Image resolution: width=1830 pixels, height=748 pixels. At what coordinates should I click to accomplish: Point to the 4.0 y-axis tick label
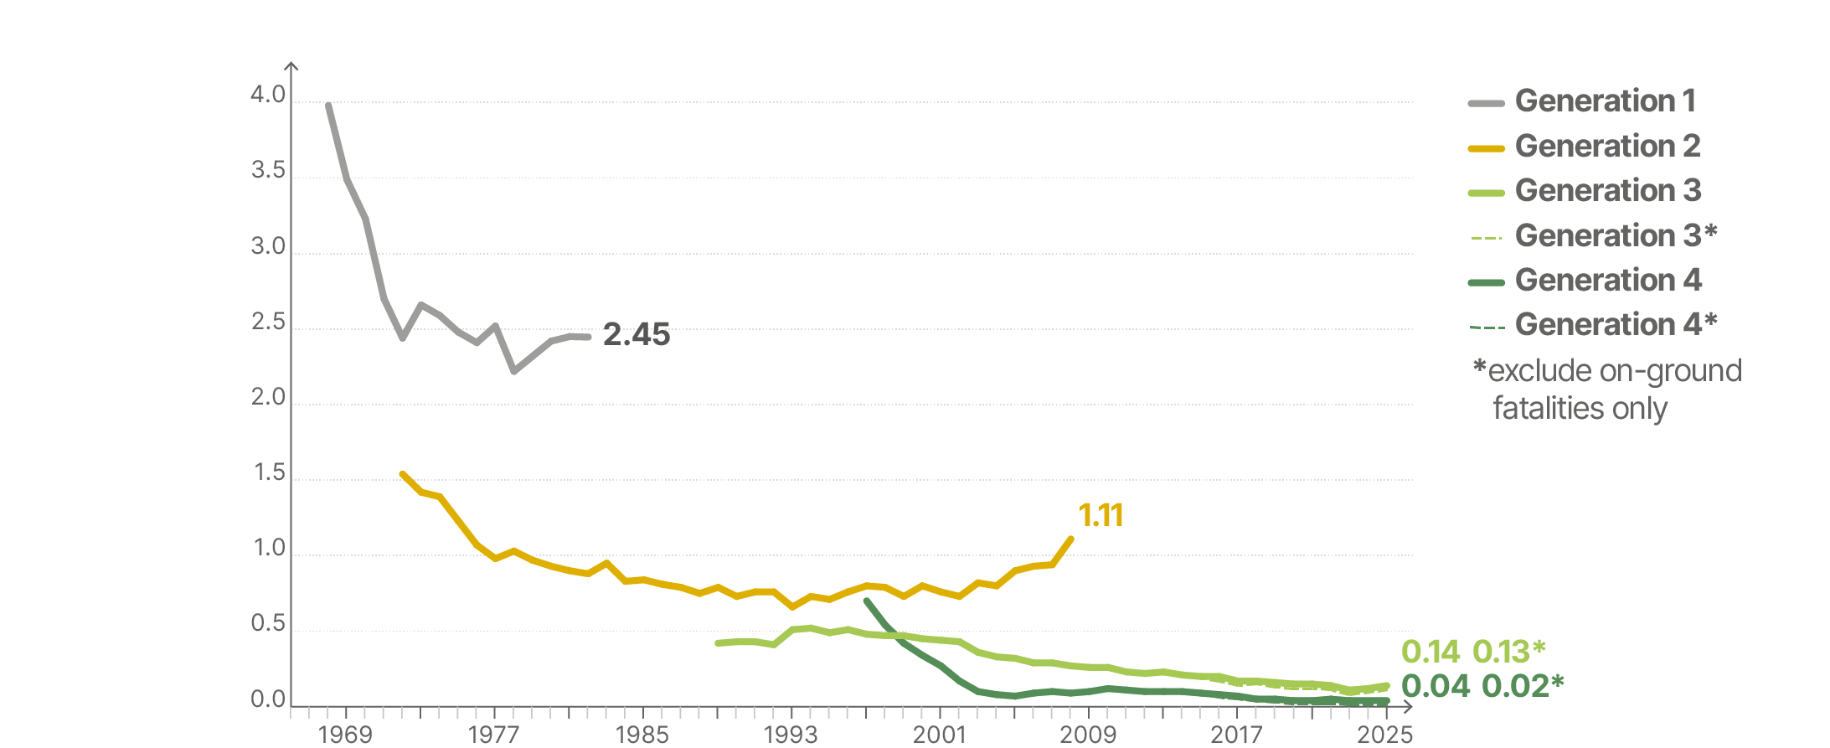coord(268,95)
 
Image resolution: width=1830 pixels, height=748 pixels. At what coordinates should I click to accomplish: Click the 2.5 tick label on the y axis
coord(268,322)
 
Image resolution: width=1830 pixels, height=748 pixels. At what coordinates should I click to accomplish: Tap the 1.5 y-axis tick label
coord(269,473)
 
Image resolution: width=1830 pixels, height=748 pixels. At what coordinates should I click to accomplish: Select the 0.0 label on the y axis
coord(268,700)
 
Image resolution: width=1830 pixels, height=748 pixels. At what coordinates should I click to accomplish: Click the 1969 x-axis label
coord(345,735)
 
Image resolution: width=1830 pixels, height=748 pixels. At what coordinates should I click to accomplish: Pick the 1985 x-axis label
coord(642,735)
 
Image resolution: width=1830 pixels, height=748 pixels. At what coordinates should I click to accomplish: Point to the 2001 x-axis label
coord(940,735)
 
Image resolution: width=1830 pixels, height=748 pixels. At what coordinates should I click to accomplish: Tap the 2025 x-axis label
coord(1385,735)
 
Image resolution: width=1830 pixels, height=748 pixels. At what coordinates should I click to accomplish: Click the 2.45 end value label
coord(637,335)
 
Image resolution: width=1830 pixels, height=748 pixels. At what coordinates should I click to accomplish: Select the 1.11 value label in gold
coord(1101,516)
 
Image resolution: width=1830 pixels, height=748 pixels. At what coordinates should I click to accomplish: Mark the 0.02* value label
coord(1523,686)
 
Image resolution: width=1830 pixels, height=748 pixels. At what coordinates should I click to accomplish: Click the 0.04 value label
coord(1435,686)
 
